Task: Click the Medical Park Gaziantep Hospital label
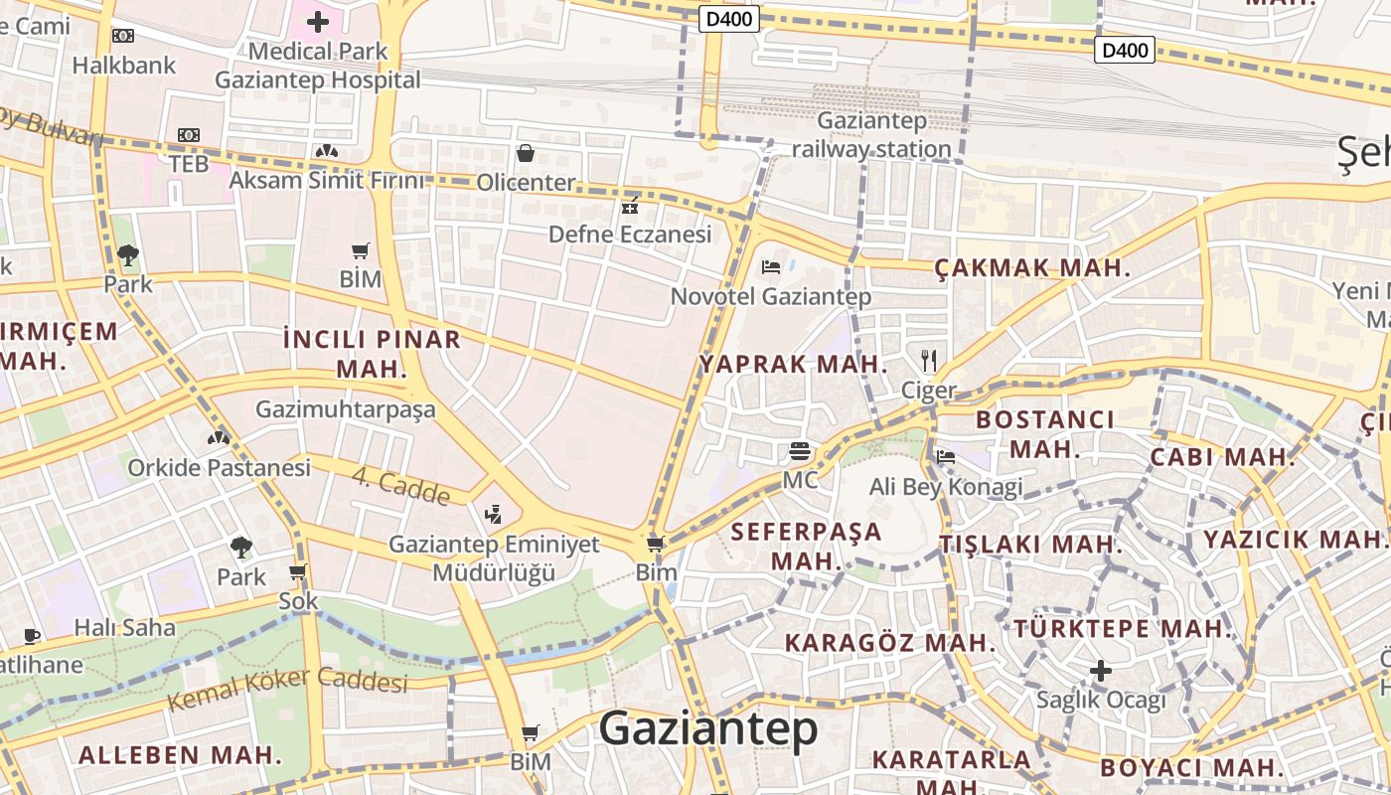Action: (318, 66)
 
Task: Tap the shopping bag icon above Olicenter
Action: (526, 153)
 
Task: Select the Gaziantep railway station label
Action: (872, 135)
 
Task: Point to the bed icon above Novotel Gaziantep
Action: (770, 266)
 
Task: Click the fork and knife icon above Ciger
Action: (929, 360)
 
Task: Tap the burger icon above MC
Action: (800, 451)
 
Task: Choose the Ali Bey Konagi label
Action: (946, 487)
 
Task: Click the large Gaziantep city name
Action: (708, 729)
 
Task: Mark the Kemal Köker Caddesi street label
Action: (287, 690)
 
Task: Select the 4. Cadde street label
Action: (400, 486)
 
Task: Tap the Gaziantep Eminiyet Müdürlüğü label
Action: (494, 558)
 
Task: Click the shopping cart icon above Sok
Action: (297, 572)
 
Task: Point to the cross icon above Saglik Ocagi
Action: (1100, 671)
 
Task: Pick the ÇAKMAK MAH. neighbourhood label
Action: (1032, 267)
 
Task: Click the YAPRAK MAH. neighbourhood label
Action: (793, 364)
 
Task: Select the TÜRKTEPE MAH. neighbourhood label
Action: (1123, 629)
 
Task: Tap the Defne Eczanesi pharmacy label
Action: (631, 235)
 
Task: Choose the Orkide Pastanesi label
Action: (219, 467)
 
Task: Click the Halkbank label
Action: (124, 66)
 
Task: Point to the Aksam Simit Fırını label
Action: (326, 180)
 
